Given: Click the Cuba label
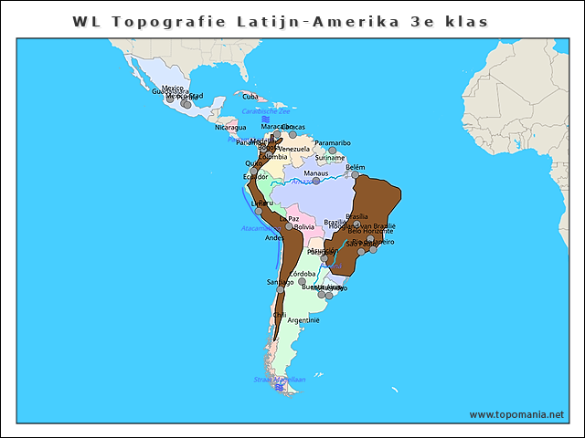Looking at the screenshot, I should coord(250,96).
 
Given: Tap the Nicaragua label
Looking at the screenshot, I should coord(230,127).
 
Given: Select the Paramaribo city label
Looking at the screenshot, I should coord(333,142).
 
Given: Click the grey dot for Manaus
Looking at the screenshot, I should coord(316,181).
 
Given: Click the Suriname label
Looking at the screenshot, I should coord(329,157).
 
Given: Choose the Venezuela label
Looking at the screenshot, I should coord(293,149).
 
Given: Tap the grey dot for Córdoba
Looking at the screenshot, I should coord(303,281).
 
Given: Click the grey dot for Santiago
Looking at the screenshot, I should coord(281,289).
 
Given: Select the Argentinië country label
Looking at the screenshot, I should coord(303,320).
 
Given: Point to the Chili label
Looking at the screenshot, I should coord(280,315).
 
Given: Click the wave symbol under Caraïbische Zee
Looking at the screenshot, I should coord(264,120).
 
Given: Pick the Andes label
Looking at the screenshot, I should coord(273,237).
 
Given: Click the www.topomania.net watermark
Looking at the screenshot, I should coord(516,414).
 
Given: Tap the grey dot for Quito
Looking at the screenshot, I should coord(253,171).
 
